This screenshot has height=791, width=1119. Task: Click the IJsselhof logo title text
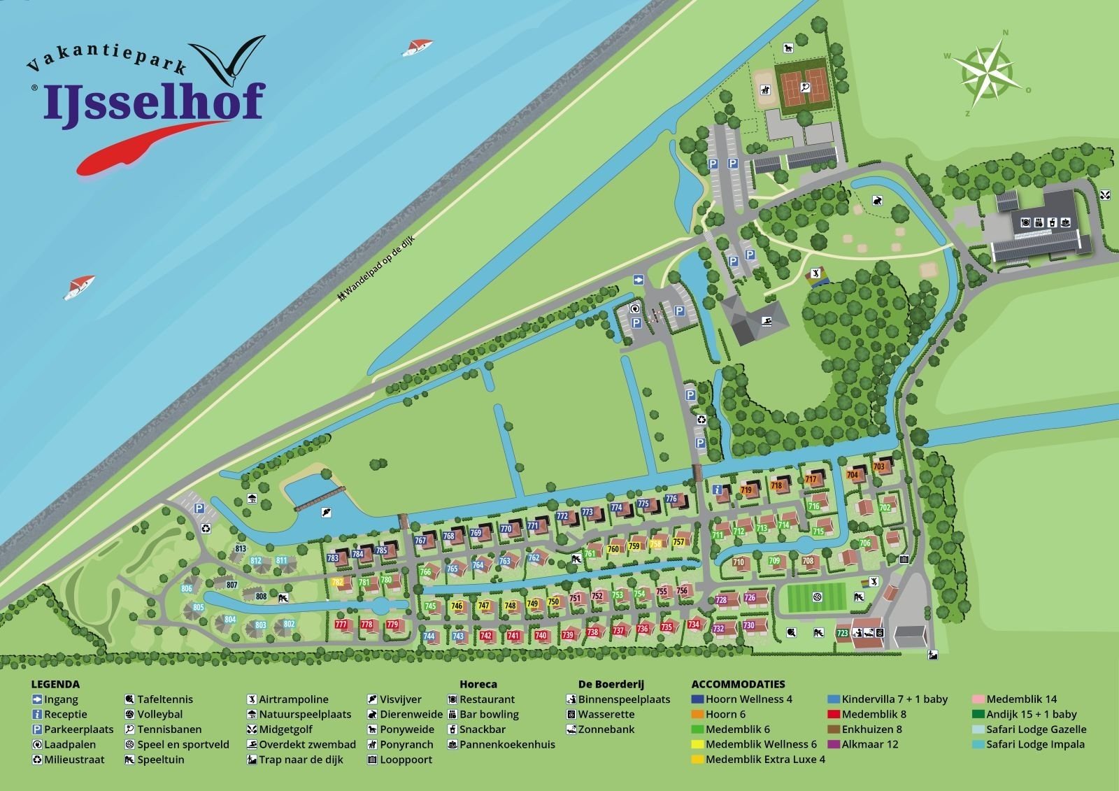click(154, 101)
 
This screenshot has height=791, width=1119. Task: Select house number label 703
click(879, 466)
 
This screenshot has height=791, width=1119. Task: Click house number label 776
click(671, 499)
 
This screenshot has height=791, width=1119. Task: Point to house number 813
click(241, 548)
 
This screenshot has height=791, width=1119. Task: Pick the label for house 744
click(429, 636)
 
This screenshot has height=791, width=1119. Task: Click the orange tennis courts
click(803, 87)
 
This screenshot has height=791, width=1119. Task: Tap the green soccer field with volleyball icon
click(815, 598)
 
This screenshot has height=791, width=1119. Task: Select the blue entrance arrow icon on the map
click(638, 280)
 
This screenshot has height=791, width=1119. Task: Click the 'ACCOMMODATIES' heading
click(738, 684)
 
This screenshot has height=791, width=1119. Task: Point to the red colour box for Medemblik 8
click(834, 714)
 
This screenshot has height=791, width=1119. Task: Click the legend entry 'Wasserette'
click(605, 714)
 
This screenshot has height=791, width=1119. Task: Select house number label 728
click(722, 600)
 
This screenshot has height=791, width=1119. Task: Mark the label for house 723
click(842, 634)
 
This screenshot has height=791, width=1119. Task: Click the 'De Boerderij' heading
click(611, 684)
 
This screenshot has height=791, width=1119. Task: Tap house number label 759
click(634, 546)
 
